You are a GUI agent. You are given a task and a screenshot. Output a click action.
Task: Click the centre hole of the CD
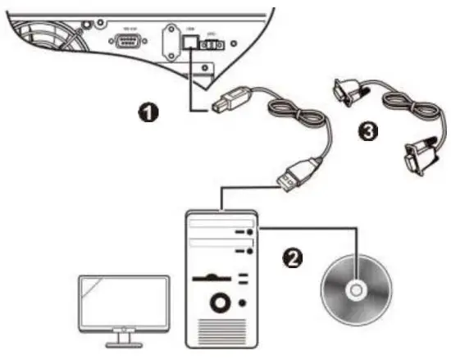(x=356, y=289)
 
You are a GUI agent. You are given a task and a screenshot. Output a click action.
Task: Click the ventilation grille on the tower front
(x=221, y=333)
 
